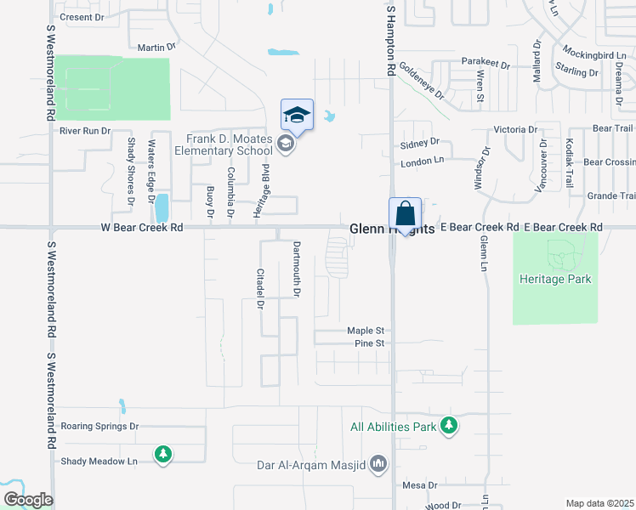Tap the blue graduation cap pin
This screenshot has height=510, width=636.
[x=297, y=115]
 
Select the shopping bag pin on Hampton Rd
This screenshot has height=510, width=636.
[x=406, y=213]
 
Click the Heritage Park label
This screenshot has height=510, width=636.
[x=554, y=279]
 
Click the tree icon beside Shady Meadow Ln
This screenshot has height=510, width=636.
[x=162, y=455]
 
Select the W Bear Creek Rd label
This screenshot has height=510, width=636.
[x=142, y=228]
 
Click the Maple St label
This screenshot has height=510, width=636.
[x=366, y=330]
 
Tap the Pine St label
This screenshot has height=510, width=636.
[x=370, y=343]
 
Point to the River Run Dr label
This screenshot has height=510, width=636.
[x=85, y=131]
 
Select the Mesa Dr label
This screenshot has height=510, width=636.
[x=419, y=485]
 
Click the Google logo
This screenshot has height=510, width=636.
[x=27, y=500]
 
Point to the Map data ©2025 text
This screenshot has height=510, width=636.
[x=599, y=503]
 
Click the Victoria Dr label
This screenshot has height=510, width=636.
[x=515, y=130]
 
